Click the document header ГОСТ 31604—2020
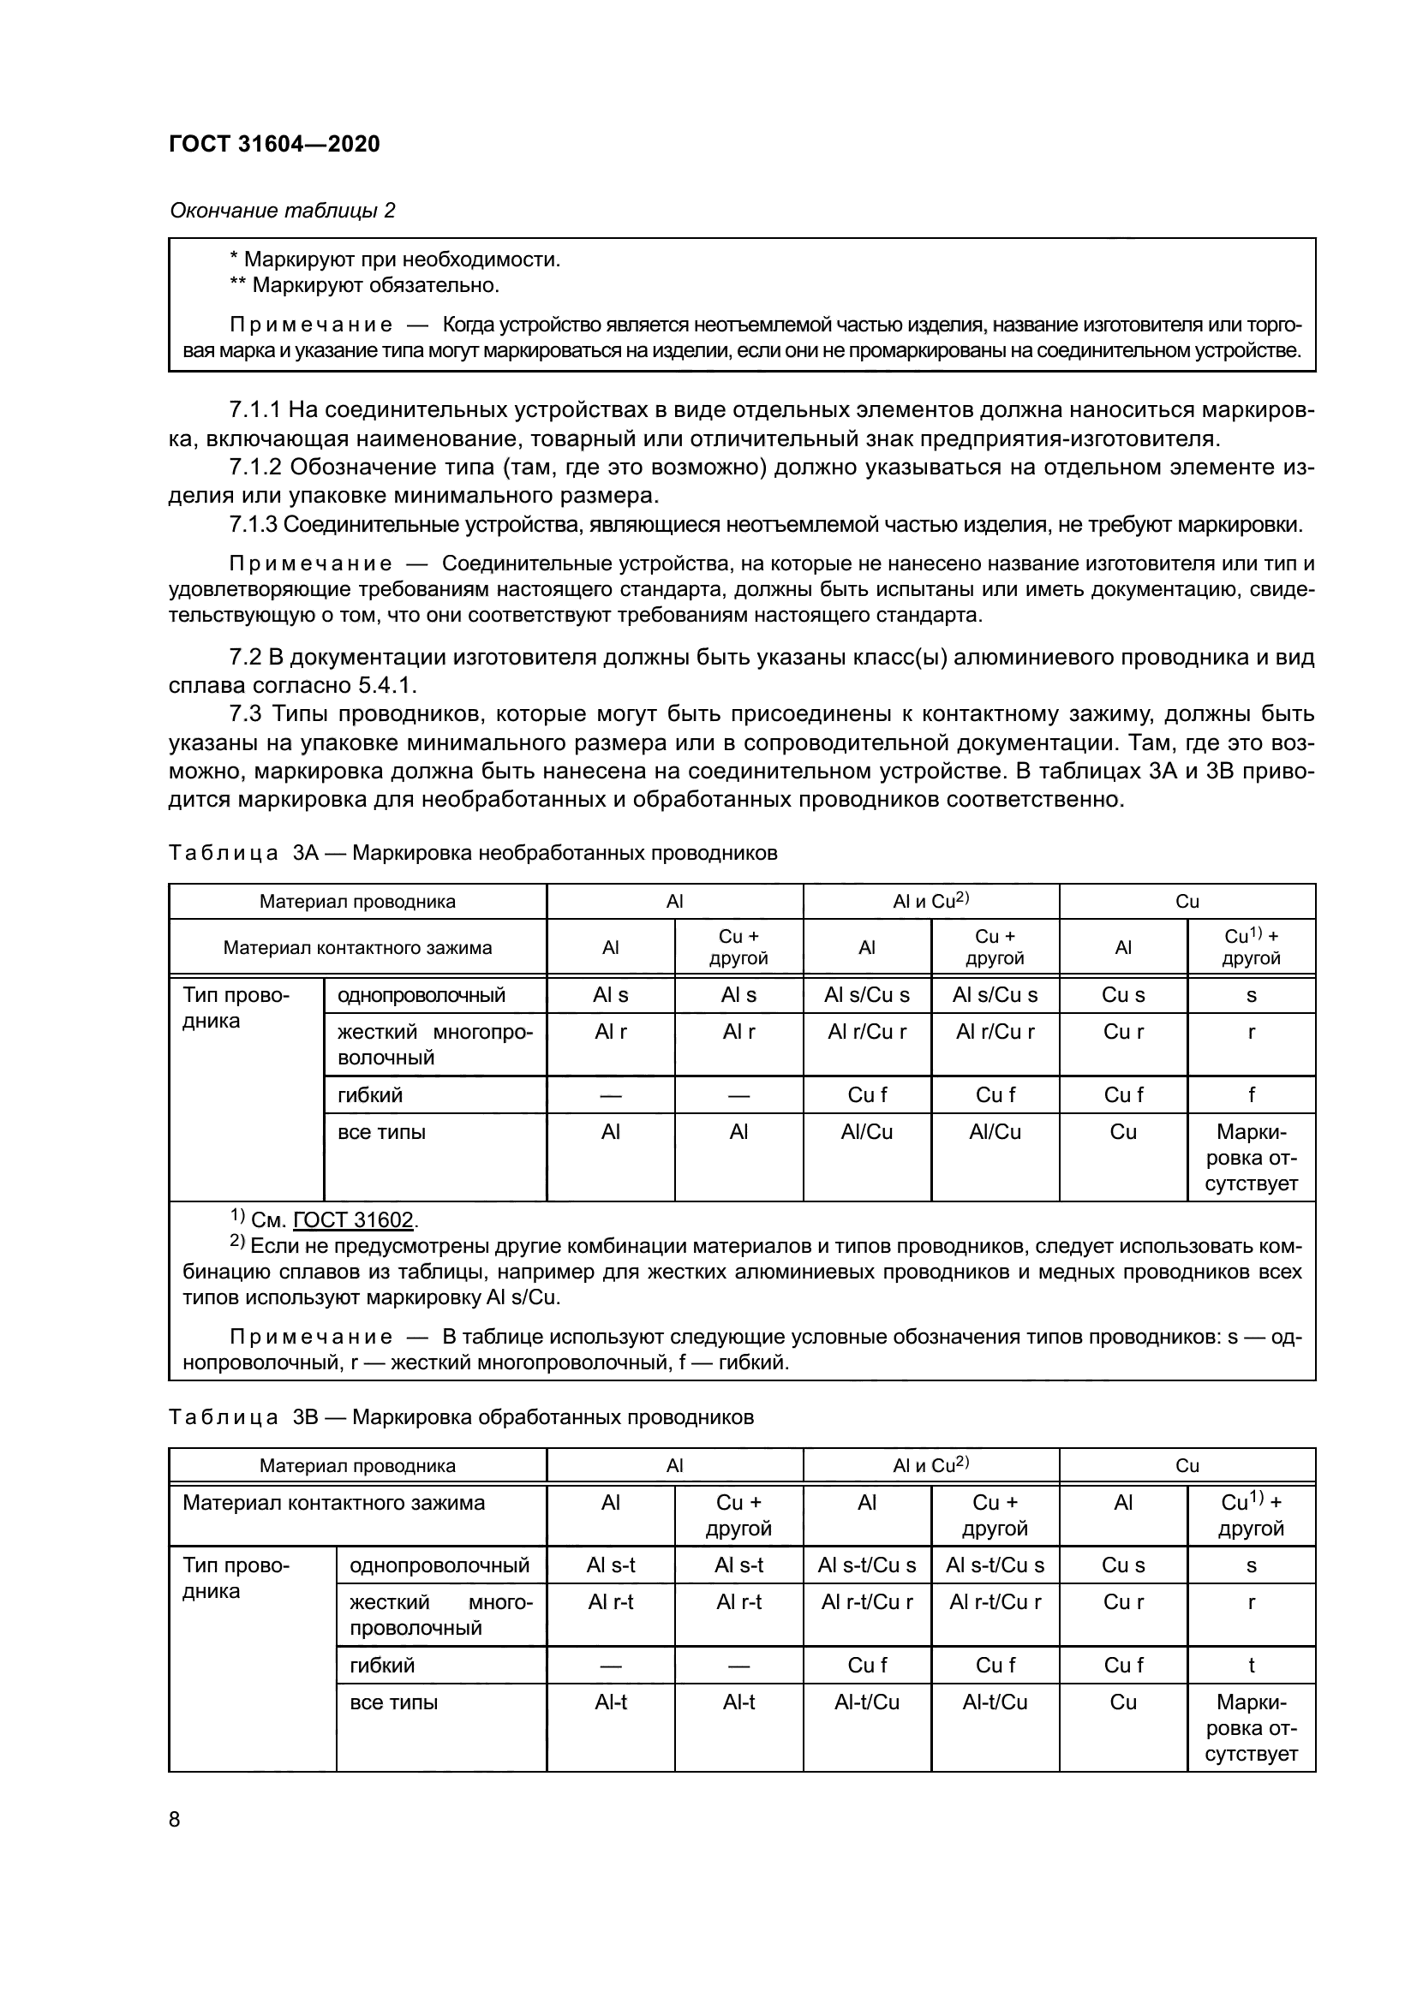pos(274,144)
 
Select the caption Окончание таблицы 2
pos(282,211)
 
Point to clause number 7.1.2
pos(254,467)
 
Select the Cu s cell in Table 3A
pos(1123,994)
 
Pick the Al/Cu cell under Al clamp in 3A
pos(866,1131)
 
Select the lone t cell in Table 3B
pos(1251,1665)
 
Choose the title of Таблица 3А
pos(472,852)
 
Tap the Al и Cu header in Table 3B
pos(931,1464)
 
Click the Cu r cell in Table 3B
pos(1123,1601)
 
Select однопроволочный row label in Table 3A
pos(422,994)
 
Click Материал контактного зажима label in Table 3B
pos(333,1502)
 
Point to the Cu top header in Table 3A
pos(1187,901)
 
